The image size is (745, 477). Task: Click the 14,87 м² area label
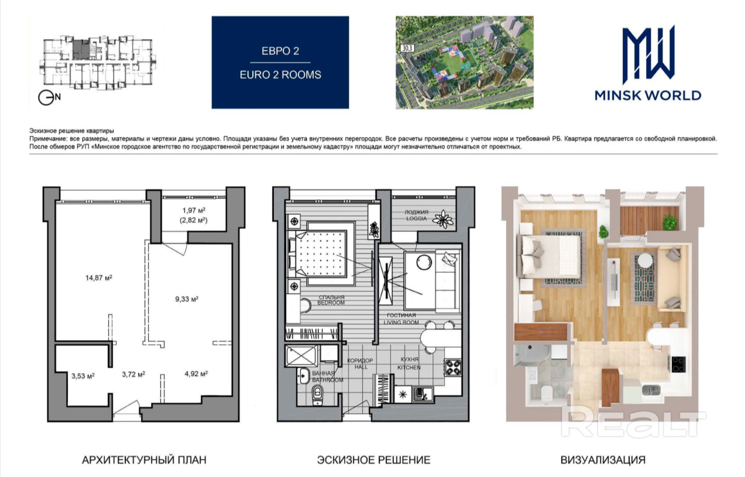pyautogui.click(x=99, y=278)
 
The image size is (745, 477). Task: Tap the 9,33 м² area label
pyautogui.click(x=187, y=299)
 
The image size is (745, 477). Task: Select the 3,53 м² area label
pyautogui.click(x=83, y=376)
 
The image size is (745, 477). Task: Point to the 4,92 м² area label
pyautogui.click(x=196, y=374)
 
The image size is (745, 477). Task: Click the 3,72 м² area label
pyautogui.click(x=133, y=375)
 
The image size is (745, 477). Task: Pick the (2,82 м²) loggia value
pyautogui.click(x=194, y=220)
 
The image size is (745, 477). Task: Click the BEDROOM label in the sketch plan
pyautogui.click(x=331, y=303)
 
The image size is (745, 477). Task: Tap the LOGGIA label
pyautogui.click(x=416, y=218)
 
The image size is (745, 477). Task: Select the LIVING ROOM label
pyautogui.click(x=401, y=322)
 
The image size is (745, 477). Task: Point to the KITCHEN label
pyautogui.click(x=409, y=368)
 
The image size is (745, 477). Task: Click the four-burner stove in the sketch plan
pyautogui.click(x=452, y=368)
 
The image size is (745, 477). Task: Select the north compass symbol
pyautogui.click(x=49, y=98)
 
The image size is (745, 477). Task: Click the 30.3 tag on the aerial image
pyautogui.click(x=407, y=48)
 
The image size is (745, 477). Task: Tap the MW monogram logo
pyautogui.click(x=648, y=55)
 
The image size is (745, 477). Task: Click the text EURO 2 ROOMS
pyautogui.click(x=280, y=75)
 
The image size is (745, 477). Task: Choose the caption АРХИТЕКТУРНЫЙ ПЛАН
pyautogui.click(x=144, y=459)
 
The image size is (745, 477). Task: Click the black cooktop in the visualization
pyautogui.click(x=678, y=364)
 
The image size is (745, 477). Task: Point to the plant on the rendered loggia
pyautogui.click(x=670, y=222)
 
